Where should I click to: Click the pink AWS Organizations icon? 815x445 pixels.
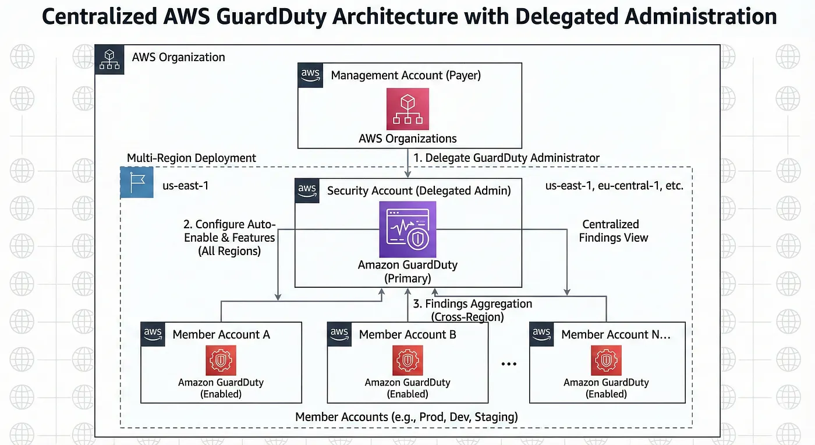click(x=408, y=108)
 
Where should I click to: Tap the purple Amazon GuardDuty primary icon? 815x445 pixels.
click(x=408, y=229)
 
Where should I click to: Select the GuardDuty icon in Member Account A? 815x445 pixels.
click(x=221, y=360)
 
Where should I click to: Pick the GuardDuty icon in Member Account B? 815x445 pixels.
click(x=408, y=360)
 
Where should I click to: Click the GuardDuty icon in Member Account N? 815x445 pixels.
click(x=606, y=360)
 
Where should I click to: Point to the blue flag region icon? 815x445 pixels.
click(x=137, y=183)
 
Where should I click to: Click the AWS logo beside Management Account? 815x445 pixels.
click(x=310, y=76)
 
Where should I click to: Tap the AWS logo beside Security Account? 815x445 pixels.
click(x=307, y=190)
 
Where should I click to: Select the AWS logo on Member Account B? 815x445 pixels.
click(x=339, y=334)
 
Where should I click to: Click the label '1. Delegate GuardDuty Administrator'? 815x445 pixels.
click(x=506, y=158)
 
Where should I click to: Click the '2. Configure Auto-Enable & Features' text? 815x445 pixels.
click(x=229, y=238)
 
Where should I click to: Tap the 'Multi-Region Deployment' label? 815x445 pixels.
click(x=192, y=158)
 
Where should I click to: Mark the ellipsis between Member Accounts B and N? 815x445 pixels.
click(x=509, y=364)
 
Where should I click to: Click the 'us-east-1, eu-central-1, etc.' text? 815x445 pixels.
click(x=614, y=186)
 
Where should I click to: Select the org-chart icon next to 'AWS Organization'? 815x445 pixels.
click(x=109, y=59)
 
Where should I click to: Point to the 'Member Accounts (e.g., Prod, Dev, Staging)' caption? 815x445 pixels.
click(x=406, y=417)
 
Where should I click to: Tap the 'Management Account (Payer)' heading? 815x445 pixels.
click(x=406, y=75)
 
